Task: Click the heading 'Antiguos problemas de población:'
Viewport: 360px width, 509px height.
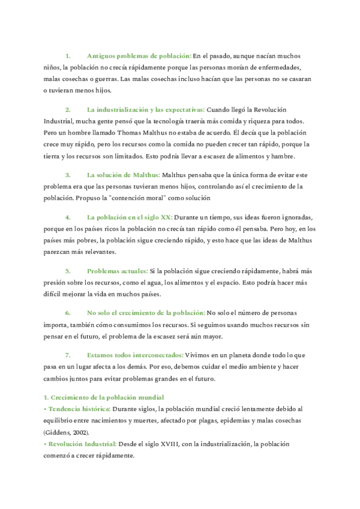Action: pyautogui.click(x=139, y=55)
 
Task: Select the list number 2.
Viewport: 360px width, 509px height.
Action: pyautogui.click(x=68, y=110)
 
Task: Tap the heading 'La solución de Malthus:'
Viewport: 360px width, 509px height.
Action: pyautogui.click(x=123, y=175)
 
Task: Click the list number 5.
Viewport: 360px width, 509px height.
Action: pyautogui.click(x=68, y=271)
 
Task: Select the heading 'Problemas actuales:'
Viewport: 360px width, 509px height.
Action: pyautogui.click(x=117, y=271)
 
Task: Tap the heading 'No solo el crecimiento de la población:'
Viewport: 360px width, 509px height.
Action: pyautogui.click(x=146, y=313)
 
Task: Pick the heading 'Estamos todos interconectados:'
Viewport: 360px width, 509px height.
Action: pyautogui.click(x=135, y=355)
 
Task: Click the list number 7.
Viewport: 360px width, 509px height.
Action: pyautogui.click(x=68, y=355)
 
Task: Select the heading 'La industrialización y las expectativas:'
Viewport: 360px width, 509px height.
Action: pyautogui.click(x=145, y=110)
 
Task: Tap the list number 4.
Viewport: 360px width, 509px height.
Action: pyautogui.click(x=68, y=217)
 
